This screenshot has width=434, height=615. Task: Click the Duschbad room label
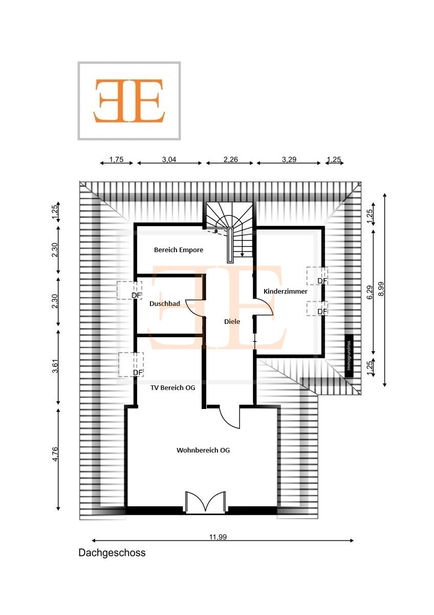pyautogui.click(x=164, y=304)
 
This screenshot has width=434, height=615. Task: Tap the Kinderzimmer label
pyautogui.click(x=285, y=291)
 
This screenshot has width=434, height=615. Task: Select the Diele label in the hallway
pyautogui.click(x=232, y=322)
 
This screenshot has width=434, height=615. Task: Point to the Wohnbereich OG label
pyautogui.click(x=203, y=450)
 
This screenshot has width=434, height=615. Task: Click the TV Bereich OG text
pyautogui.click(x=172, y=388)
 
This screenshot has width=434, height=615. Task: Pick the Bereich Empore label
pyautogui.click(x=179, y=250)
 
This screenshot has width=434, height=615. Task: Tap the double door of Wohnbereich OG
pyautogui.click(x=205, y=502)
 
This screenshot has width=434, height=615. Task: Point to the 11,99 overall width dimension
pyautogui.click(x=218, y=537)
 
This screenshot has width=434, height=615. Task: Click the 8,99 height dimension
pyautogui.click(x=379, y=290)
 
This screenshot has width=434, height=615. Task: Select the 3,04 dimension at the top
pyautogui.click(x=169, y=160)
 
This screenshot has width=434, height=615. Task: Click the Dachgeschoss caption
pyautogui.click(x=112, y=553)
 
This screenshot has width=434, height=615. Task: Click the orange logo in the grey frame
pyautogui.click(x=129, y=100)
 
